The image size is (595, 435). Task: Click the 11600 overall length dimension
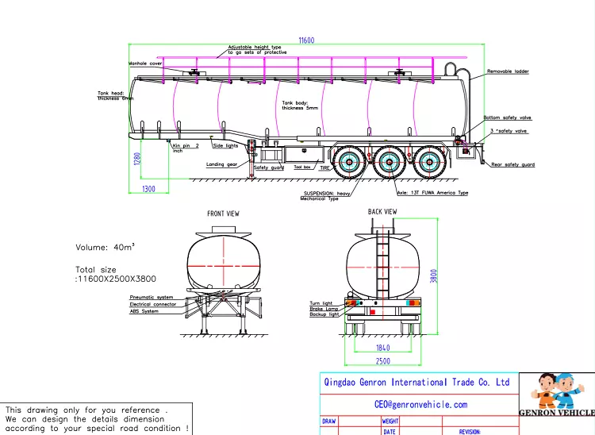306,40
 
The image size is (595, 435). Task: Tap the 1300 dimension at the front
148,189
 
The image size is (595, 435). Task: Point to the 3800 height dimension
433,275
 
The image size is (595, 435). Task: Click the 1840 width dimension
382,348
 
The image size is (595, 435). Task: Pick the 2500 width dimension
382,361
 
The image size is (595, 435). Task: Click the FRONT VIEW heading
223,214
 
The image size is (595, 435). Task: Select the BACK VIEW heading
382,212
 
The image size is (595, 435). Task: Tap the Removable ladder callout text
508,71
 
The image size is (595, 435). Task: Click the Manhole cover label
146,64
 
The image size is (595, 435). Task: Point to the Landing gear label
221,164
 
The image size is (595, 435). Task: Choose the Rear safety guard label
512,164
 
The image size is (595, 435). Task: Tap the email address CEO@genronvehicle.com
420,404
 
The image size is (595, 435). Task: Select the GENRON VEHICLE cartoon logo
556,395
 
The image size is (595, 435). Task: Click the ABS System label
144,311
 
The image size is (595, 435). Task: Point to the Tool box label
302,167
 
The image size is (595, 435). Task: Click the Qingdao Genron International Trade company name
417,382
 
